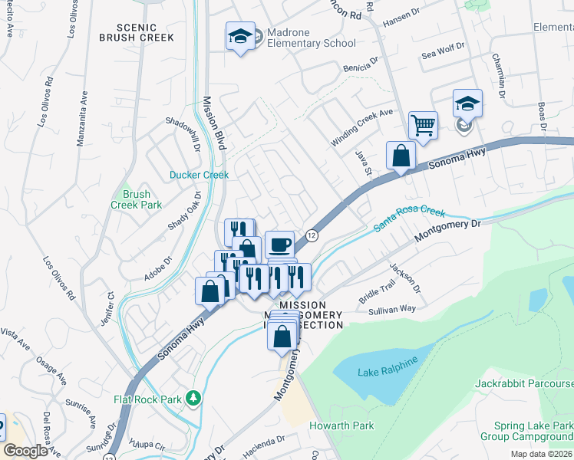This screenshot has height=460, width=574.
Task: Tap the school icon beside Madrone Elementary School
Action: [x=240, y=36]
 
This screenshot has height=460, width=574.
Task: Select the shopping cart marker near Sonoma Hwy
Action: [x=423, y=124]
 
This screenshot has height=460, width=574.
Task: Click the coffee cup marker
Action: [x=279, y=245]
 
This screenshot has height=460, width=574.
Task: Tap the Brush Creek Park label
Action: [x=137, y=200]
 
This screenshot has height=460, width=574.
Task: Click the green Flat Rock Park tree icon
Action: [x=194, y=398]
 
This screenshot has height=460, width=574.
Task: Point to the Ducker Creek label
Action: [x=200, y=175]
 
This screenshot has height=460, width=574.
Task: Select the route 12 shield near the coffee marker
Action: [x=312, y=235]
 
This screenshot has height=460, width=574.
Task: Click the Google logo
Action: [x=25, y=451]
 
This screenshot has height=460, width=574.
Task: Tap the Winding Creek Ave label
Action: [x=361, y=127]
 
